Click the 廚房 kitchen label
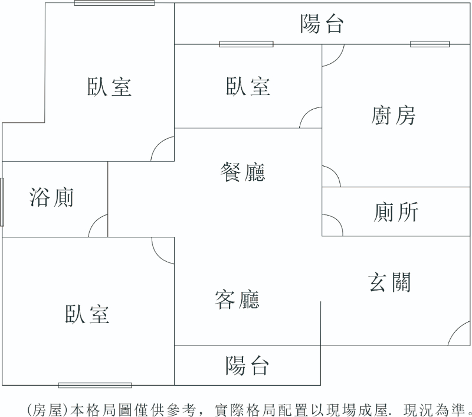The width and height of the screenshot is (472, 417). point(394,116)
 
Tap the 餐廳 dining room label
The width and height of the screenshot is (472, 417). point(242,172)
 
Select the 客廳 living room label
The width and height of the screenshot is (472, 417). point(237,301)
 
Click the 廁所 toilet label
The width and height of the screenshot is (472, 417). point(396,211)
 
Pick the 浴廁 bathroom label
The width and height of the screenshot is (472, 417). point(51,197)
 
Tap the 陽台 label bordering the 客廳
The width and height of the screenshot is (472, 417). point(247,366)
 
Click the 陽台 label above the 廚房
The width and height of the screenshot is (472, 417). point(322,24)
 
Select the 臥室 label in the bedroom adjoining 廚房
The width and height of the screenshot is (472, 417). point(248,86)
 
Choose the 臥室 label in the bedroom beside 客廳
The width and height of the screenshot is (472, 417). point(87,314)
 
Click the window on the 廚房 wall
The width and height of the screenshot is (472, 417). point(430,44)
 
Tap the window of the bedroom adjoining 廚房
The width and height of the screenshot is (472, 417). point(246,44)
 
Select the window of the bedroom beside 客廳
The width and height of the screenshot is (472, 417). point(95,385)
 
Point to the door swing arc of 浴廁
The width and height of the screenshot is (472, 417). point(99,227)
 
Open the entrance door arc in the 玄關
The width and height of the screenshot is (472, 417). point(459,335)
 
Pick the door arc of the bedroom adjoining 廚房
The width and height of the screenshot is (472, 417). point(311,118)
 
